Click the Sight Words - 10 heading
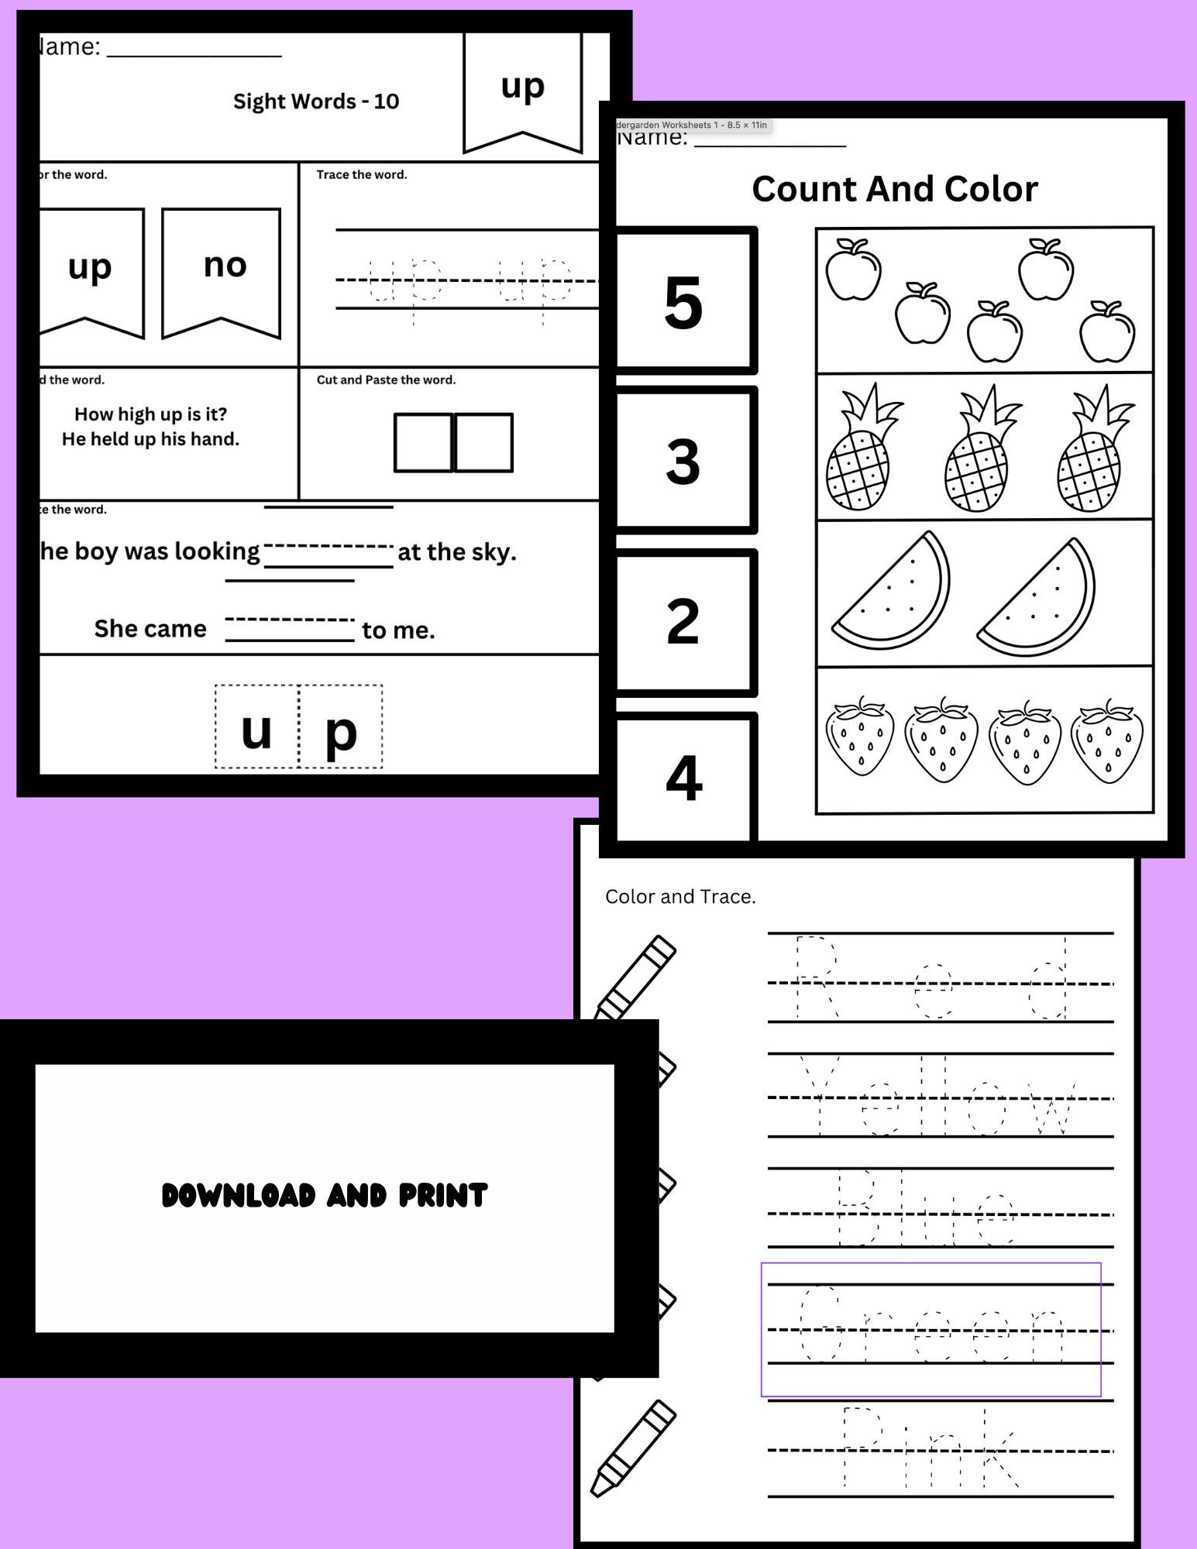point(316,101)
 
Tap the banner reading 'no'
point(222,271)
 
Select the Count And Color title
point(894,189)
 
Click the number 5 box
point(683,301)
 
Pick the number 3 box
point(683,461)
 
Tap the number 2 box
point(683,621)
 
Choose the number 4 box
point(683,778)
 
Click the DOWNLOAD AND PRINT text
point(325,1196)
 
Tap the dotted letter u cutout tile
point(257,727)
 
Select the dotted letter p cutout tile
point(341,727)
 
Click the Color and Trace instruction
point(679,897)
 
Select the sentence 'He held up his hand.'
point(150,439)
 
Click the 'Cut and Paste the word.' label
point(386,380)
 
